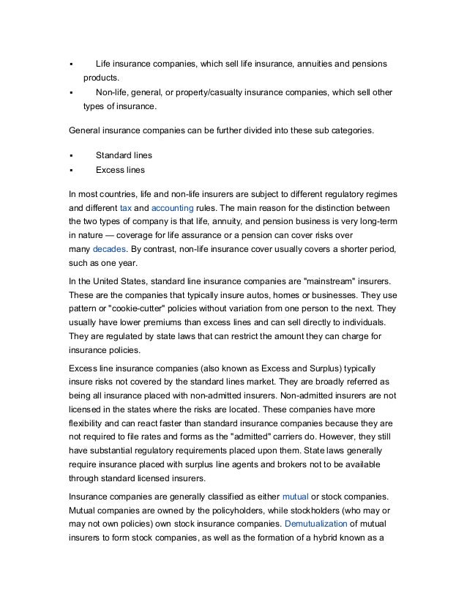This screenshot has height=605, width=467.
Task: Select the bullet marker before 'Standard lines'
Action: click(72, 156)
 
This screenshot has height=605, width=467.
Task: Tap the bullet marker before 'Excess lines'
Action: click(72, 171)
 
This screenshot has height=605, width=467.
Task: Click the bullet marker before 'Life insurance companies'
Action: click(72, 64)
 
